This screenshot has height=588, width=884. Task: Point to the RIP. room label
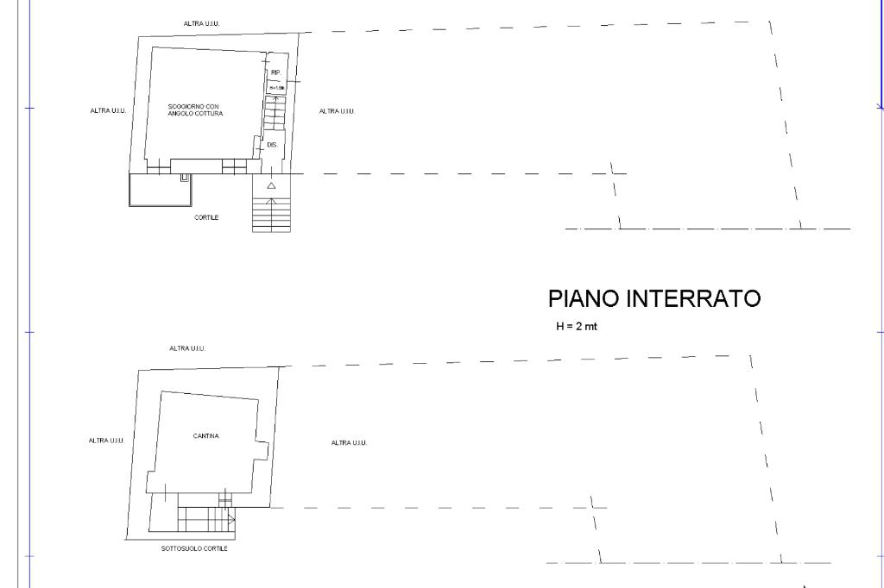pos(275,73)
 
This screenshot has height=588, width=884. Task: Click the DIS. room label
pos(272,144)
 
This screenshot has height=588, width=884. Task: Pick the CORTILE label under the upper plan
pos(207,217)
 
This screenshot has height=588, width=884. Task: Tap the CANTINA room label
pos(205,436)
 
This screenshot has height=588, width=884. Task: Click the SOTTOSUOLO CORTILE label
pos(194,548)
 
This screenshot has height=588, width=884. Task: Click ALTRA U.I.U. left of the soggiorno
pos(108,110)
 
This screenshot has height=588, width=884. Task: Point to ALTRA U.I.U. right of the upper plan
pos(337,110)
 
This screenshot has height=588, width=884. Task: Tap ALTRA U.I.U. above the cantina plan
pos(187,347)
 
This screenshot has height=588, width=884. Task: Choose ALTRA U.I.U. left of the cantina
pos(106,441)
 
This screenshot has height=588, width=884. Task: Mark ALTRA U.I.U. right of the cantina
pos(350,443)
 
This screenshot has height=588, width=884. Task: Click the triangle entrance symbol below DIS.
pos(271,185)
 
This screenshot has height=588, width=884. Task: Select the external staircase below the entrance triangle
pos(271,215)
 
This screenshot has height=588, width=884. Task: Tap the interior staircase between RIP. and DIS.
pos(274,114)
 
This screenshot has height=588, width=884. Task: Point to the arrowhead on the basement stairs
pos(232,519)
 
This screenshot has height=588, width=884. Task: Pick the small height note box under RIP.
pos(276,88)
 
